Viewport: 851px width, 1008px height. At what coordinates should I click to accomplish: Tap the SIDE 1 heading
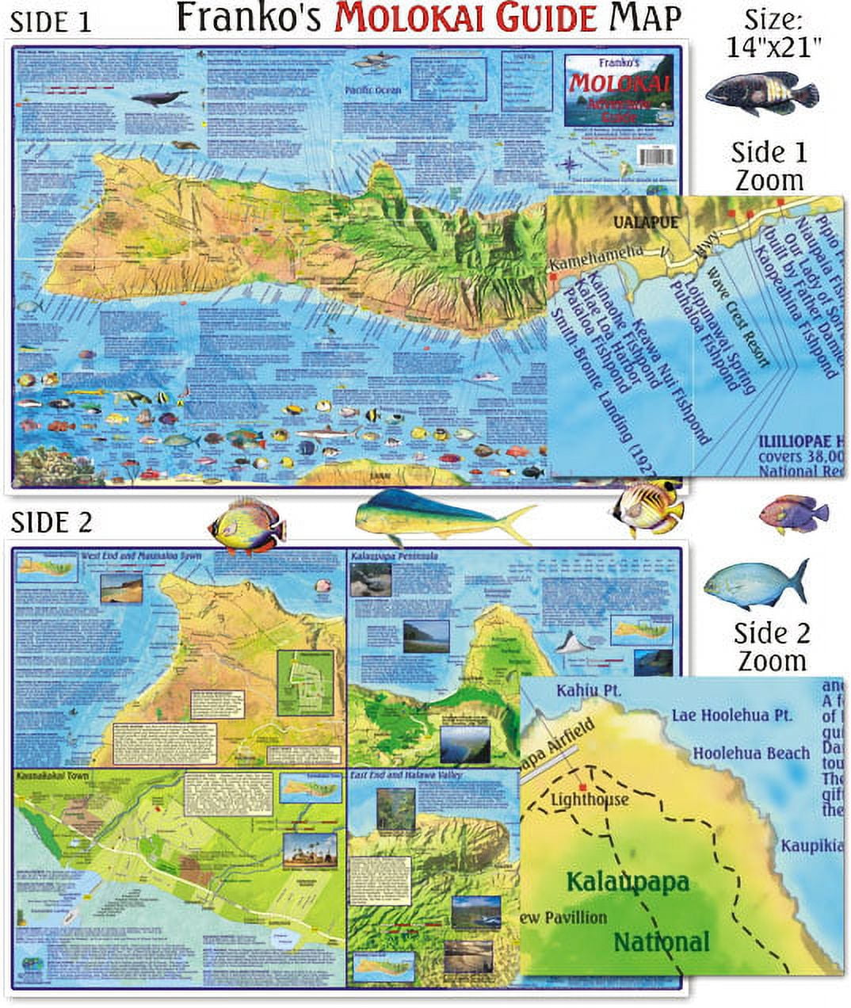pos(52,22)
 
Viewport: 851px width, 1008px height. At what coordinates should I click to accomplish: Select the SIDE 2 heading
pos(52,522)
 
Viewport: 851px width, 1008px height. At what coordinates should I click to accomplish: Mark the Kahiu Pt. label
pos(588,690)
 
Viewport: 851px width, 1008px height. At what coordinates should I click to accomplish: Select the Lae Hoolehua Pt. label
pos(731,715)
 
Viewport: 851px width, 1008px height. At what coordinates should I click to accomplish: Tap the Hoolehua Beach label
pos(750,753)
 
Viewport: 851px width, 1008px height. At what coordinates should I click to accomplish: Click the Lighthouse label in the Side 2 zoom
pos(590,800)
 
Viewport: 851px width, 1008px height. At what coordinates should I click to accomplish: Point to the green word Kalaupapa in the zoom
pos(628,882)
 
